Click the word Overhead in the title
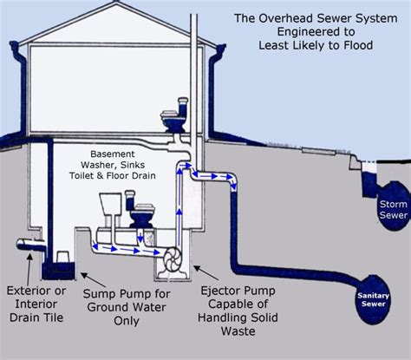(303, 16)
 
